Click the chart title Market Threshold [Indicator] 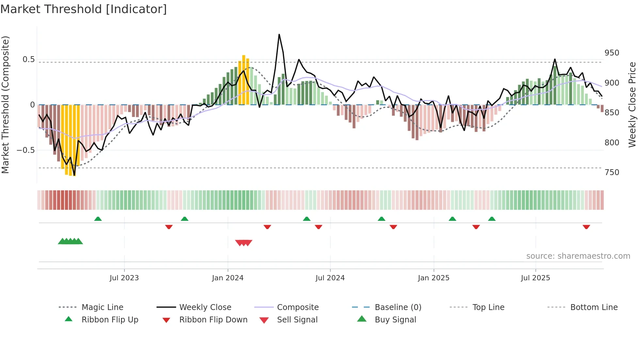[x=84, y=9]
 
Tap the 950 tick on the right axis [x=612, y=53]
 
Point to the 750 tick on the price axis [x=612, y=172]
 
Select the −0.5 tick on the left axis [x=26, y=150]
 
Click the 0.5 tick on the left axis [x=29, y=59]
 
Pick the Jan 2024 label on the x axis [x=228, y=278]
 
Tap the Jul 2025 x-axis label [x=535, y=278]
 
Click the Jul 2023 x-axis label [x=124, y=278]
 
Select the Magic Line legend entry [x=102, y=307]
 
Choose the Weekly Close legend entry [x=205, y=307]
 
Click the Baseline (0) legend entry [x=398, y=307]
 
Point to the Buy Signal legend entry [x=395, y=320]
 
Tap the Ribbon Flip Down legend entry [x=213, y=320]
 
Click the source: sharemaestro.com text [x=578, y=256]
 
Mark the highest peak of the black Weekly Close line [x=279, y=34]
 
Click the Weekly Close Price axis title [x=632, y=105]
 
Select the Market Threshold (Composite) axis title [x=5, y=105]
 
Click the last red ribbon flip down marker [x=586, y=227]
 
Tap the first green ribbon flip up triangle [x=98, y=219]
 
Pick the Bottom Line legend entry [x=594, y=307]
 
